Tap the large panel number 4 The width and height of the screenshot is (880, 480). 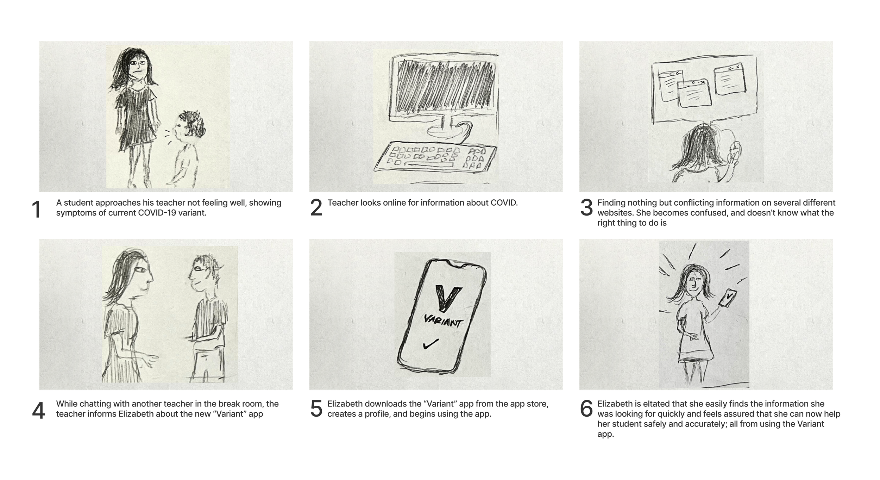tap(38, 411)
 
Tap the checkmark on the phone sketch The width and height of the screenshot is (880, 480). tap(431, 344)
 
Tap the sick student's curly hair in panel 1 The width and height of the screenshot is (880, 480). tap(192, 123)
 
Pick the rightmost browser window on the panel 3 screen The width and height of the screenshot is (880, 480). tap(730, 79)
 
